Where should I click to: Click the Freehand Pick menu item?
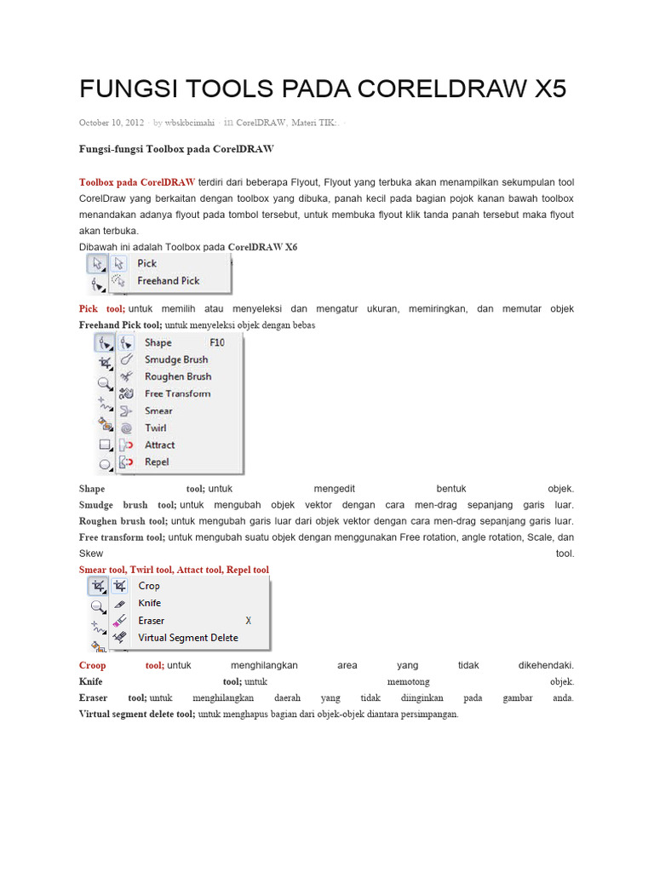click(x=168, y=280)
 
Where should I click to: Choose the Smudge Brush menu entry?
click(x=175, y=359)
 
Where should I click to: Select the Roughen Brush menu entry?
click(x=177, y=376)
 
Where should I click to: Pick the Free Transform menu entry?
click(x=177, y=393)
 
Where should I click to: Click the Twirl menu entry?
click(x=155, y=427)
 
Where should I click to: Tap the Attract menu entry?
click(x=159, y=445)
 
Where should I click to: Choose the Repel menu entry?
click(x=157, y=462)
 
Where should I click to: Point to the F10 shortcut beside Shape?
click(x=217, y=342)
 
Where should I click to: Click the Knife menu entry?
click(x=149, y=603)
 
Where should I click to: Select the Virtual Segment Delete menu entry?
click(x=187, y=638)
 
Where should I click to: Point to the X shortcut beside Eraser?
click(x=249, y=621)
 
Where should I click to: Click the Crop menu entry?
click(x=149, y=586)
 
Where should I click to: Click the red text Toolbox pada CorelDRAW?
click(x=137, y=182)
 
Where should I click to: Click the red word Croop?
click(x=93, y=665)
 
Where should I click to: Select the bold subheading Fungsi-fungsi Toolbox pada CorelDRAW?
click(x=176, y=149)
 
